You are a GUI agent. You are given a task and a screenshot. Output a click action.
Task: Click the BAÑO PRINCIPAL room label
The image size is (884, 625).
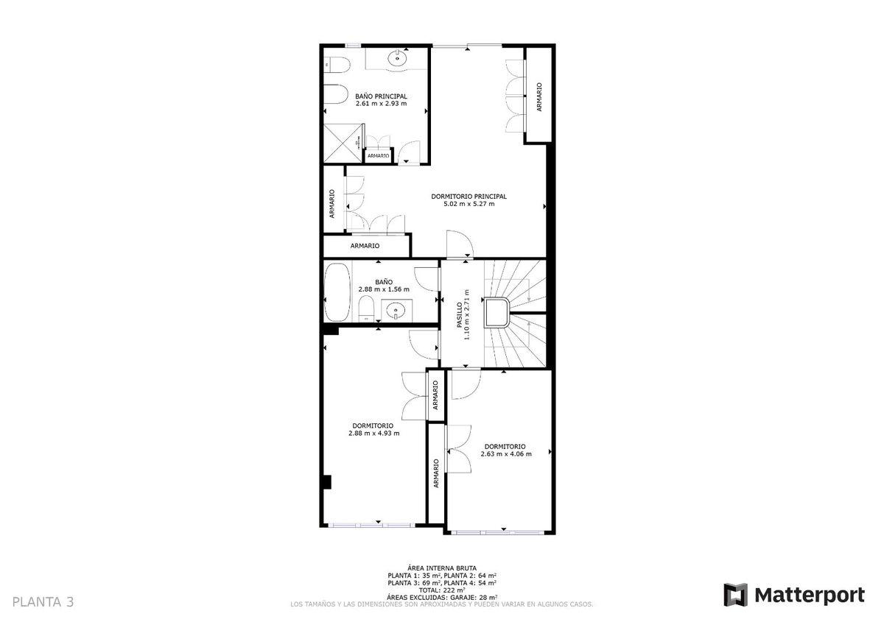(381, 96)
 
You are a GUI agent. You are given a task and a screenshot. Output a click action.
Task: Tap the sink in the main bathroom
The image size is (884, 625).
(397, 59)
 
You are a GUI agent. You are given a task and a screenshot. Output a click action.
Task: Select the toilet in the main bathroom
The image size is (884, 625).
(337, 65)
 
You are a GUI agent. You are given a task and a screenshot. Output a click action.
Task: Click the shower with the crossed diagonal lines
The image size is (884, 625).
(343, 143)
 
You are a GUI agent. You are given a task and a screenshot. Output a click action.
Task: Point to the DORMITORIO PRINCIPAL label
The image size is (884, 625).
(469, 197)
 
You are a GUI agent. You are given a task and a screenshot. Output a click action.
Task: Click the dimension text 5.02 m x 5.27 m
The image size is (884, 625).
(469, 204)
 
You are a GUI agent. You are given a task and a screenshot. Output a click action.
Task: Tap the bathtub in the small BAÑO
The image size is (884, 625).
(337, 292)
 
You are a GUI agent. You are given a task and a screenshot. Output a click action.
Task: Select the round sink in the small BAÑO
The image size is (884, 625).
(396, 311)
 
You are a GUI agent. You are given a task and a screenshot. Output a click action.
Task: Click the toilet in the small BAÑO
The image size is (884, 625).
(367, 308)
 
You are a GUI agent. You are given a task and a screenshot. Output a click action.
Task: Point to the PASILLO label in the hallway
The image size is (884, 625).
(460, 315)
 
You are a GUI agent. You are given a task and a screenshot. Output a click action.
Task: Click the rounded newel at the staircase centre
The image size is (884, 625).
(497, 312)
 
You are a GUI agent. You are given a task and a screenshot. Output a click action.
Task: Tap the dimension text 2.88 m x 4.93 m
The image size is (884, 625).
(373, 433)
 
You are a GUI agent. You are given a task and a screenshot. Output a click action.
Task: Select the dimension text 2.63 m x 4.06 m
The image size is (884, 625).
(506, 454)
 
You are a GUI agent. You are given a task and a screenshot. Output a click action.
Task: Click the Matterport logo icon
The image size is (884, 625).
(736, 595)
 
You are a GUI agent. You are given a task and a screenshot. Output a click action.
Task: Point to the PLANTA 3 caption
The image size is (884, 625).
(43, 601)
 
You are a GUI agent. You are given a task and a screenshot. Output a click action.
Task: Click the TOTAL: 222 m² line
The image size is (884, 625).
(442, 590)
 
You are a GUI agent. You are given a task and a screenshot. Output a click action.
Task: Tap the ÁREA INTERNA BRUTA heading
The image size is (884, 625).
(442, 568)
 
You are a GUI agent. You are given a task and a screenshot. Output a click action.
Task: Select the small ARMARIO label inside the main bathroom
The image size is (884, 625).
(378, 156)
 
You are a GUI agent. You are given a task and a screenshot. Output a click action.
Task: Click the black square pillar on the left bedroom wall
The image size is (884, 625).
(327, 482)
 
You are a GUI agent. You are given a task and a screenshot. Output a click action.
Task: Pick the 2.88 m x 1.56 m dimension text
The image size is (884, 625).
(384, 289)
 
